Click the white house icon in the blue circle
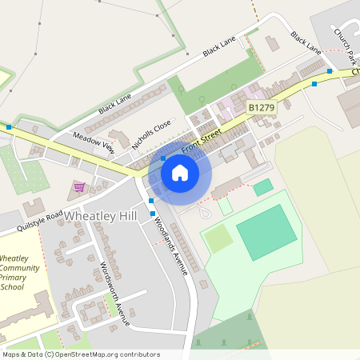pos(180,172)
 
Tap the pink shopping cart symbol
pos(79,187)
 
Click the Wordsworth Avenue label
pos(115,294)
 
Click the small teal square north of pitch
pos(262,187)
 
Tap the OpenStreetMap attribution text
pos(81,354)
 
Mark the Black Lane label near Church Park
pos(306,43)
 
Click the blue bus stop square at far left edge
pos(9,127)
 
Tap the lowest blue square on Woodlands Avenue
pos(152,213)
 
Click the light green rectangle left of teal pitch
pos(218,238)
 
